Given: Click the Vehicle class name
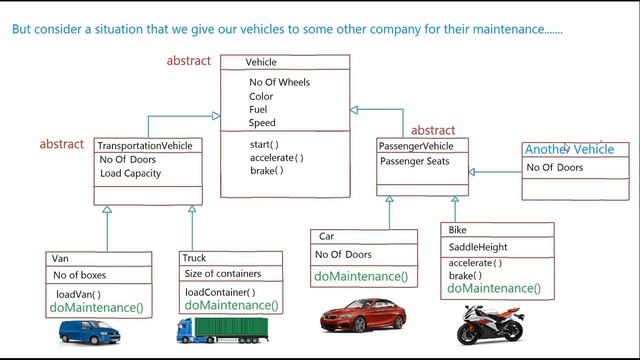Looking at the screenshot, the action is (261, 62).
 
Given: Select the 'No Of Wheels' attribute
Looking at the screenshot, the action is (279, 82).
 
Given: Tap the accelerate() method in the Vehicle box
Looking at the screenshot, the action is (276, 158).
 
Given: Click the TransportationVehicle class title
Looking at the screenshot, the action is (144, 146).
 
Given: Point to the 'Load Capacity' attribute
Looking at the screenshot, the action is (131, 173).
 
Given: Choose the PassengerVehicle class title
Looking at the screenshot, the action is (416, 146).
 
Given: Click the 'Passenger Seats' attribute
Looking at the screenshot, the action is (414, 161).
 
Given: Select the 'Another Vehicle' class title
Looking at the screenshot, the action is (569, 149).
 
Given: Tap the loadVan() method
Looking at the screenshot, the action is (78, 294).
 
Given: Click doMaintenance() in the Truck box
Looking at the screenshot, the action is (231, 305).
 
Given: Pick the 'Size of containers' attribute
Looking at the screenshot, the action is (222, 273).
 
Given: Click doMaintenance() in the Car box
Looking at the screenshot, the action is (361, 276).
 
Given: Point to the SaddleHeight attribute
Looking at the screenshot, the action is (478, 247).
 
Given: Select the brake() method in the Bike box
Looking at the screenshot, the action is (465, 276).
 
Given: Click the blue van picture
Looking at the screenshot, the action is (89, 332).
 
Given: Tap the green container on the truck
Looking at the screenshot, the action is (231, 327).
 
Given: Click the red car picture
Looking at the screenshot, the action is (362, 315).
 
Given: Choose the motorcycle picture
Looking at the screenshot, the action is (490, 324).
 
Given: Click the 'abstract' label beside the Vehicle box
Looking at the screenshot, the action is (189, 61).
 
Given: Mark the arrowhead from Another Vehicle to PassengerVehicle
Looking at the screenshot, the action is (471, 172).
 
